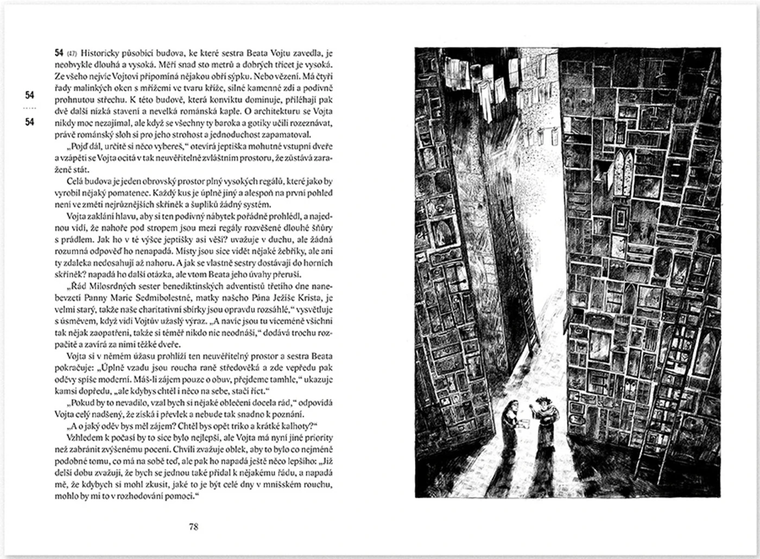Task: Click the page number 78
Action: pyautogui.click(x=193, y=526)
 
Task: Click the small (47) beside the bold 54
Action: pyautogui.click(x=72, y=53)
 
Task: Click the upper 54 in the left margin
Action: pyautogui.click(x=30, y=95)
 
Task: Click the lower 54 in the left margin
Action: pyautogui.click(x=30, y=122)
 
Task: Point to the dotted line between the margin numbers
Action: pyautogui.click(x=30, y=109)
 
